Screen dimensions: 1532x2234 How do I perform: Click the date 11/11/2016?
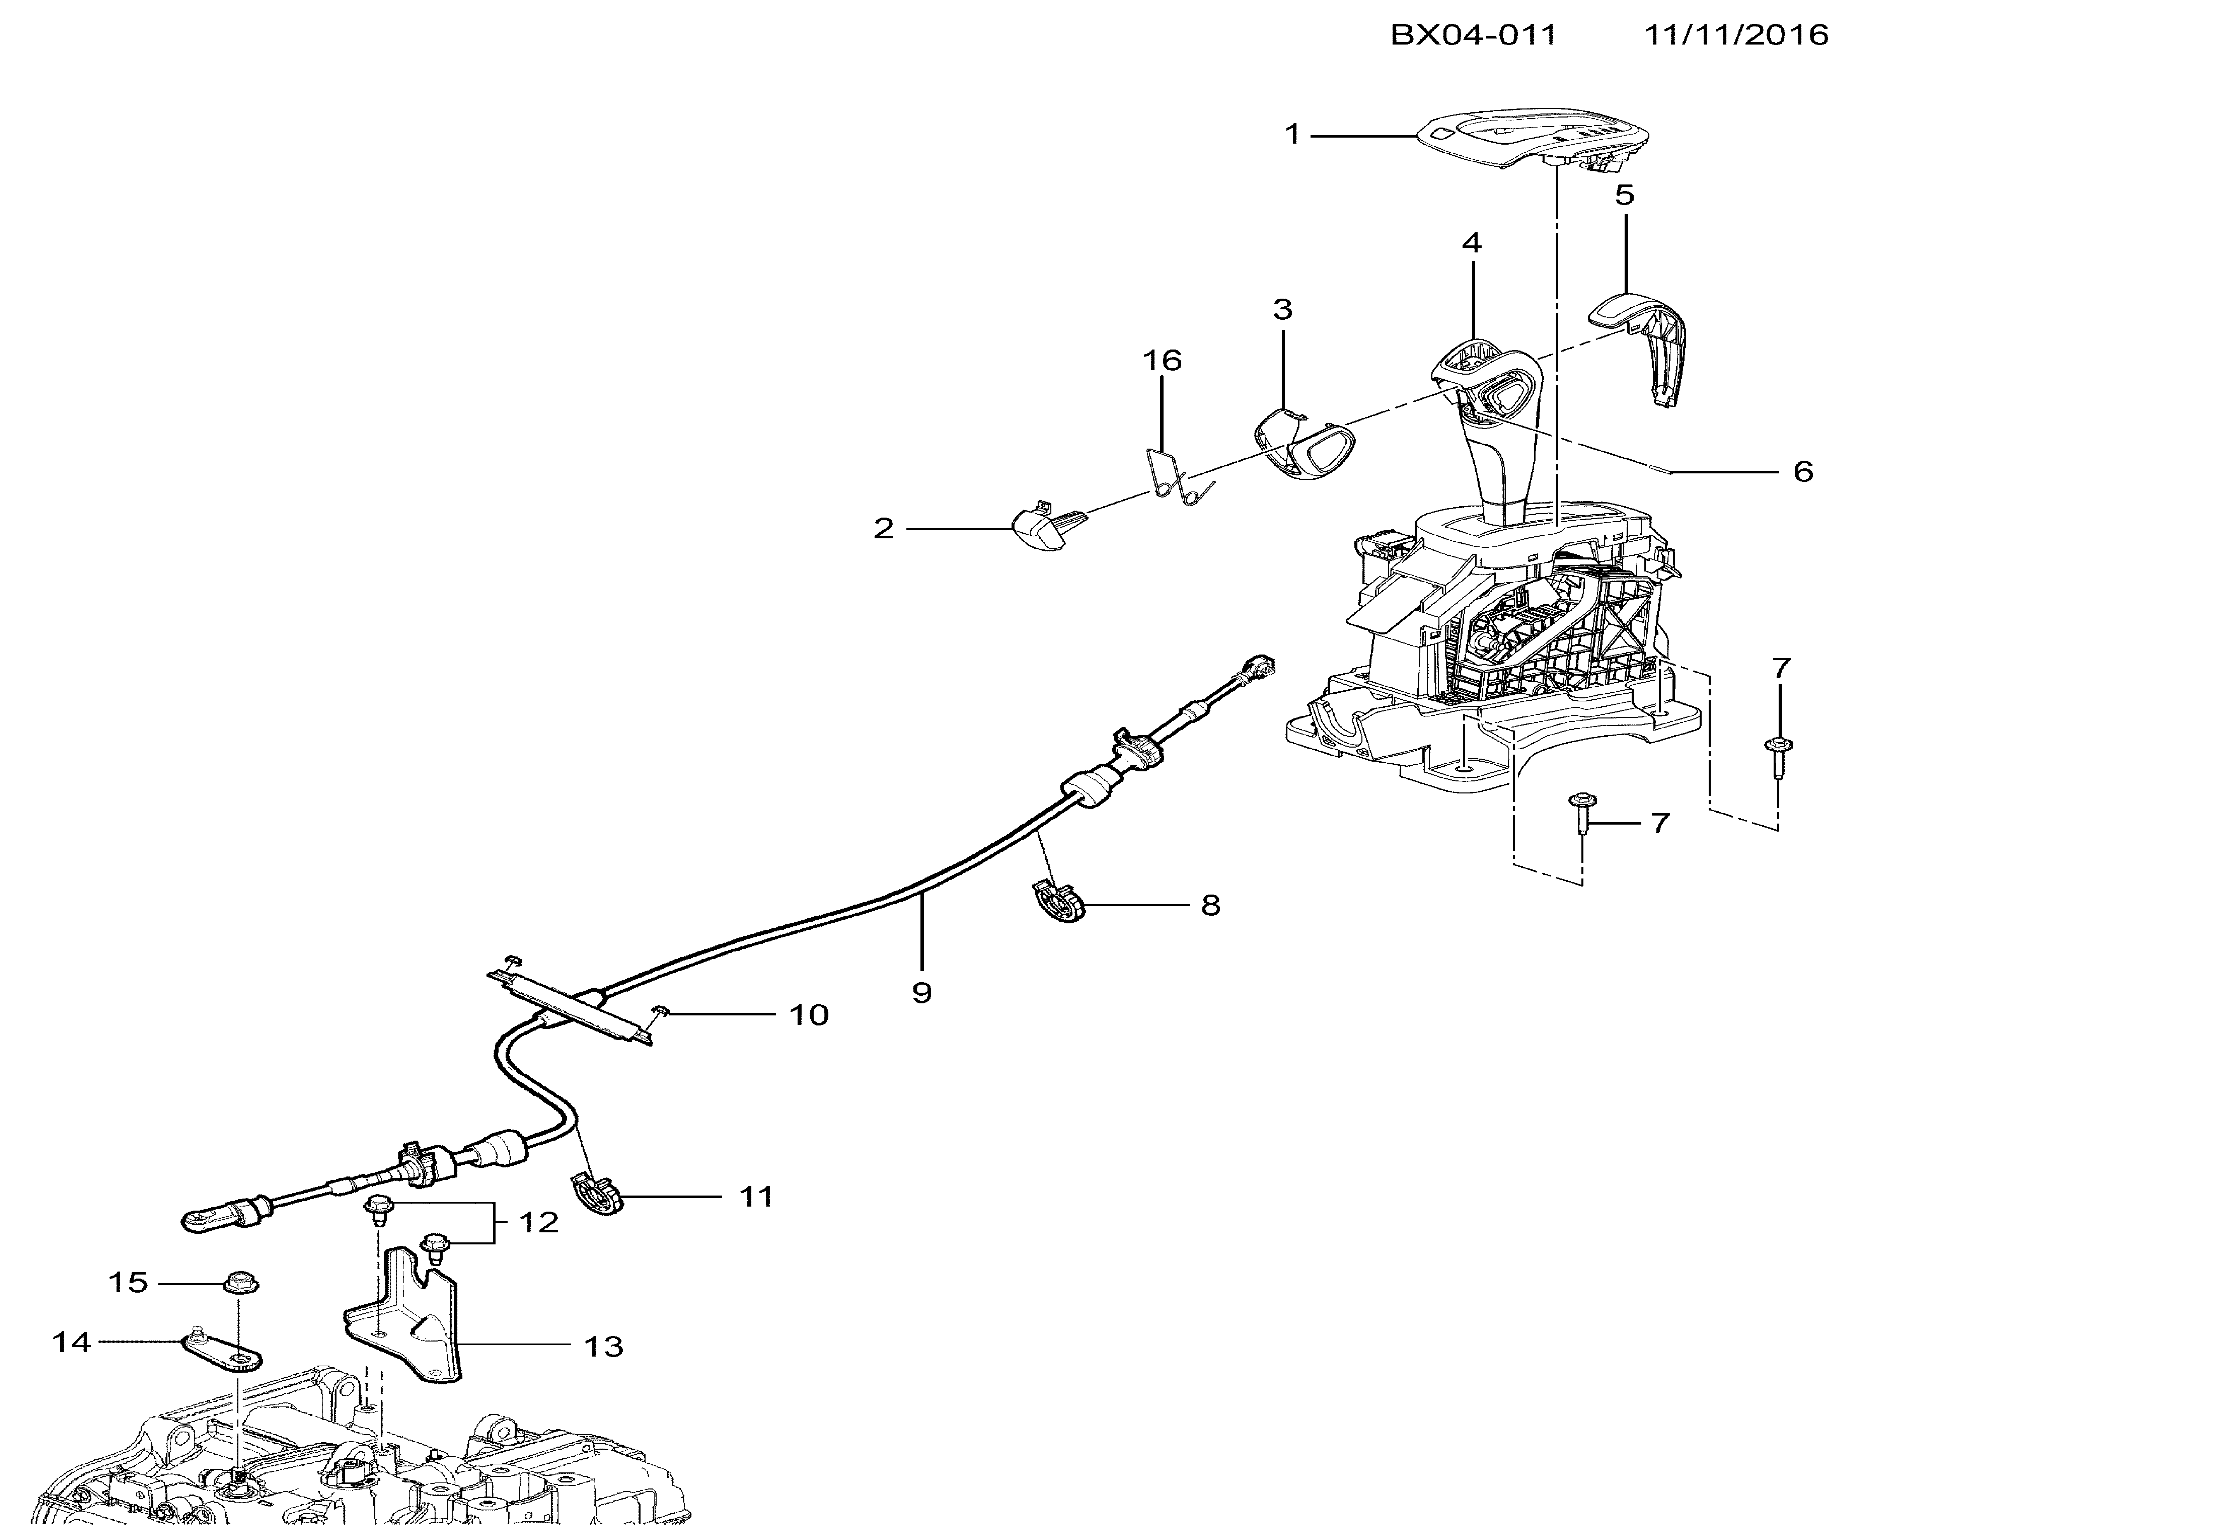click(x=1736, y=35)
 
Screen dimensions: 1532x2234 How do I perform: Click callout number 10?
click(x=808, y=1015)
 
